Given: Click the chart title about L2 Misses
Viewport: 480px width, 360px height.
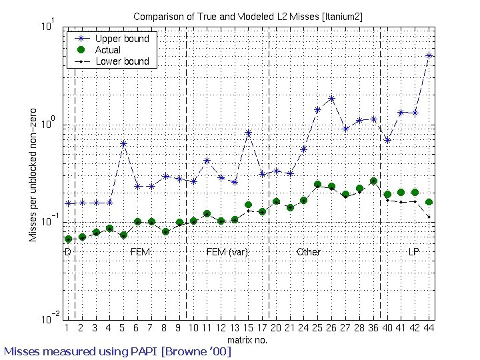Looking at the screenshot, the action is (247, 17).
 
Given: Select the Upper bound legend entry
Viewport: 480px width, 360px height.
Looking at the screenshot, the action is (112, 39).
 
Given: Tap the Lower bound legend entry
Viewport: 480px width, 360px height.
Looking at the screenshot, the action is (112, 61).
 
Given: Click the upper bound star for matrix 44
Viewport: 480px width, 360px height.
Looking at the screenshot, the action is (429, 55).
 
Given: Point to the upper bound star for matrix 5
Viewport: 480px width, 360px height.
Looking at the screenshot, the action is (123, 143).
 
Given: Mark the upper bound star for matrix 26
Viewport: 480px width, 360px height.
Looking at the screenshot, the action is (331, 98).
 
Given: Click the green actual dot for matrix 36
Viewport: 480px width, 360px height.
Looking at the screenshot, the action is (373, 181).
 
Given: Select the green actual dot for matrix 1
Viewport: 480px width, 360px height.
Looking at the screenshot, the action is (68, 239).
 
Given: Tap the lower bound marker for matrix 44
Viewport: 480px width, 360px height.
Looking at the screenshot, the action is (429, 217).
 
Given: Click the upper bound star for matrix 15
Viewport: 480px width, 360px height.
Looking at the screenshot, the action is (249, 133).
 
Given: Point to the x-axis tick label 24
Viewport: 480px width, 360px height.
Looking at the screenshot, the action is (303, 328).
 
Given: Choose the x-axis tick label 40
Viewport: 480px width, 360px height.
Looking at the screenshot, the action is (387, 328).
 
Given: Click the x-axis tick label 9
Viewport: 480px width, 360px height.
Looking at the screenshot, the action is (178, 328).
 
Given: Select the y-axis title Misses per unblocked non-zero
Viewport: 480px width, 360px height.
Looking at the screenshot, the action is (33, 175).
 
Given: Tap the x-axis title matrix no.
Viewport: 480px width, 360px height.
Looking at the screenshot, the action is (247, 340).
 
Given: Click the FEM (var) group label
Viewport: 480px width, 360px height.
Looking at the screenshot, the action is (227, 252).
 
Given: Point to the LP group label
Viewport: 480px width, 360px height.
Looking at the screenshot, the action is (413, 251).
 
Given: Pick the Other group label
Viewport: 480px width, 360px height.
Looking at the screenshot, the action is (308, 251).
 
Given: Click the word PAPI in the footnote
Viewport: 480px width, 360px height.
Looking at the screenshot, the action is (143, 351).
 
